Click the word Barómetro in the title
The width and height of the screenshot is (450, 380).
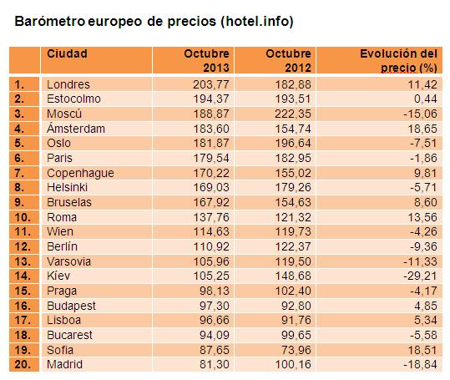pos(50,21)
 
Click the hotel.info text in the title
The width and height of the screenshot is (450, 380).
pos(257,21)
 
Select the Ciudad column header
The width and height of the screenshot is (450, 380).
pos(67,53)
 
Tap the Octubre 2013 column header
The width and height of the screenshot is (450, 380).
pos(207,61)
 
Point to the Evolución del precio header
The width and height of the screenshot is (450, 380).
pos(398,61)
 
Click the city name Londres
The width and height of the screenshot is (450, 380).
pos(68,84)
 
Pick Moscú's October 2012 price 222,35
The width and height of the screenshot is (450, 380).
pos(293,114)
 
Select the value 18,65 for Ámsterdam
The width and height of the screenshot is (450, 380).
pos(422,129)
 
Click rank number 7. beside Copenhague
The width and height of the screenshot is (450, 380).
pos(19,173)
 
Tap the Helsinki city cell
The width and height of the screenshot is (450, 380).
pos(67,187)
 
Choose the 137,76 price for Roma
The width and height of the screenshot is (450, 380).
pos(211,217)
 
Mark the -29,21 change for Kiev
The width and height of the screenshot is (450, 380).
pos(420,276)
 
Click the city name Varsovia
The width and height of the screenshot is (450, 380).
pos(68,261)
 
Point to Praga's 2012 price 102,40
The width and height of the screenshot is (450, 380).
pos(293,291)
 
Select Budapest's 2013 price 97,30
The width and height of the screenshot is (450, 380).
pos(215,306)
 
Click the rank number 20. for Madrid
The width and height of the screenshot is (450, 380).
pos(23,364)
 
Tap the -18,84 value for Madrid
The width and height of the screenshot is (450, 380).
pos(420,364)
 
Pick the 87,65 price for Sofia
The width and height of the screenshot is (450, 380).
pos(215,350)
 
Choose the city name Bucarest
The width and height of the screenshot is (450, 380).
pos(70,335)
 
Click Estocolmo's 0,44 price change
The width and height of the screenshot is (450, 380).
pos(426,99)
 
